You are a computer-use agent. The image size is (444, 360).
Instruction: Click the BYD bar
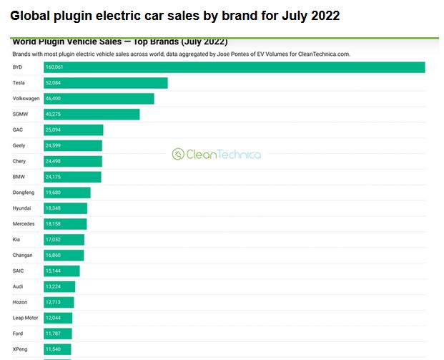coord(234,67)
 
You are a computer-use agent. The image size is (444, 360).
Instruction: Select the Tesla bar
coord(105,83)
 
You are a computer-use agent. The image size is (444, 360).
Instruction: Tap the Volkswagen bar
coord(98,99)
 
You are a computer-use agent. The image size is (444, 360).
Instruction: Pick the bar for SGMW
coord(91,115)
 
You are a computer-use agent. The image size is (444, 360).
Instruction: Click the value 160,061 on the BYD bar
coord(54,67)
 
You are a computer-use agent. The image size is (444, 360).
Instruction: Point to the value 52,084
coord(53,83)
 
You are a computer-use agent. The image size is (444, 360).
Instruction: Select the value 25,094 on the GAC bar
coord(53,130)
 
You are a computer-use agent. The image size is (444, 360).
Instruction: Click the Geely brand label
coord(19,146)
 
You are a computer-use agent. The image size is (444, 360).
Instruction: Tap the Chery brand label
coord(19,161)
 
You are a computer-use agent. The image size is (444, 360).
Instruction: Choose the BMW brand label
coord(19,177)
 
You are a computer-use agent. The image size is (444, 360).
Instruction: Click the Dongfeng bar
coord(66,193)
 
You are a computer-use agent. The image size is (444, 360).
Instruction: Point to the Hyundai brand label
coord(22,208)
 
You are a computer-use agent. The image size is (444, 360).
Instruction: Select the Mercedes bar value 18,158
coord(53,224)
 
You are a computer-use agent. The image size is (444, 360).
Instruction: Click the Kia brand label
coord(17,240)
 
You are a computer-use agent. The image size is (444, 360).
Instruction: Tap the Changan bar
coord(64,256)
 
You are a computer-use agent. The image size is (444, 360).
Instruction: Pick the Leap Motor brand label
coord(25,318)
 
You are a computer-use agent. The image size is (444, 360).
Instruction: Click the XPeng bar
coord(57,349)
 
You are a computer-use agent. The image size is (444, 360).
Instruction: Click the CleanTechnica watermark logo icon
coord(177,154)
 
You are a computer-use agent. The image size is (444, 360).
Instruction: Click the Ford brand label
coord(19,334)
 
